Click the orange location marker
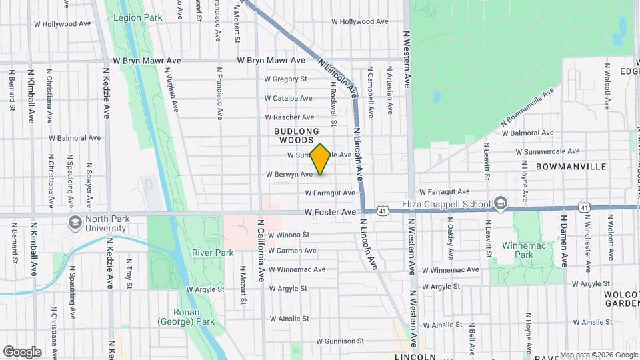pos(320,159)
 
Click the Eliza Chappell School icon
pos(501,203)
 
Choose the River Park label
pos(213,253)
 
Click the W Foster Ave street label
pos(331,212)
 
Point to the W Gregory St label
pos(285,79)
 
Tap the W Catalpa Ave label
pos(288,98)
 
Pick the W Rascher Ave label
pos(289,117)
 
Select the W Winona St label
pos(289,235)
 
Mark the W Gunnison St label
pos(340,341)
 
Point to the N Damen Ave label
pos(563,240)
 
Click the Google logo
pos(22,351)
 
